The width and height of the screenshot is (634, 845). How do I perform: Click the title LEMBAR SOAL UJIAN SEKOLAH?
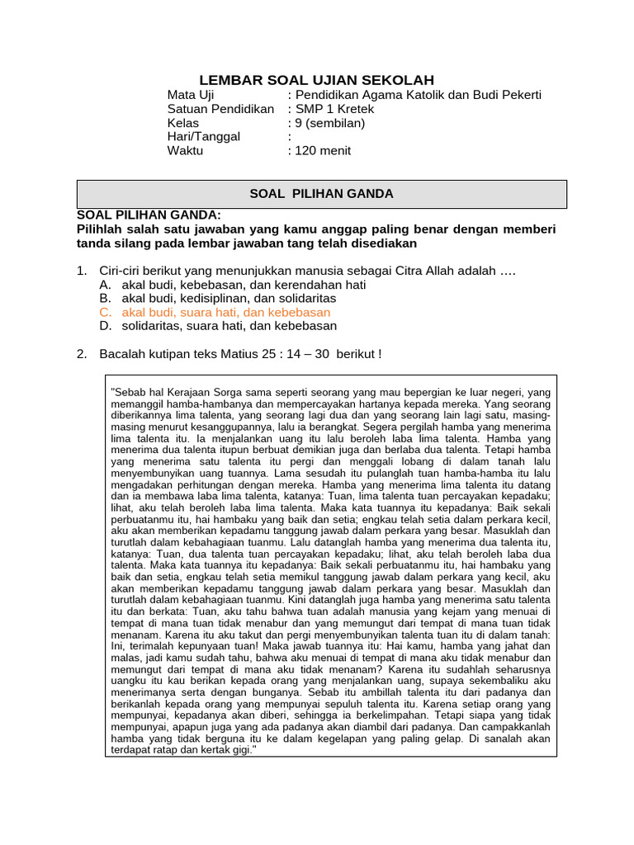point(317,80)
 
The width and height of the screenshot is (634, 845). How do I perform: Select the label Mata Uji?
point(191,95)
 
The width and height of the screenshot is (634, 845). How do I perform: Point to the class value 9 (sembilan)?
point(330,123)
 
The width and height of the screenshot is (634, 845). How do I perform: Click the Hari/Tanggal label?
point(204,137)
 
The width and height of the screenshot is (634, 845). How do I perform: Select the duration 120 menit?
point(323,150)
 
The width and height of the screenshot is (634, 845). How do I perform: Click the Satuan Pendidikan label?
point(220,109)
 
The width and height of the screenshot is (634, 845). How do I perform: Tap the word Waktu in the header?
point(185,150)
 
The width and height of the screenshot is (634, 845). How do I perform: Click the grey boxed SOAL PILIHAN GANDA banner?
point(321,194)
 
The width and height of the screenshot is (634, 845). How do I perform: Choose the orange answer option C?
point(225,313)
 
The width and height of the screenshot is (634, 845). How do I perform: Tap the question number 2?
point(82,354)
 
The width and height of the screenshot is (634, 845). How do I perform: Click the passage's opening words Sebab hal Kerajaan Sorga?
point(173,394)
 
